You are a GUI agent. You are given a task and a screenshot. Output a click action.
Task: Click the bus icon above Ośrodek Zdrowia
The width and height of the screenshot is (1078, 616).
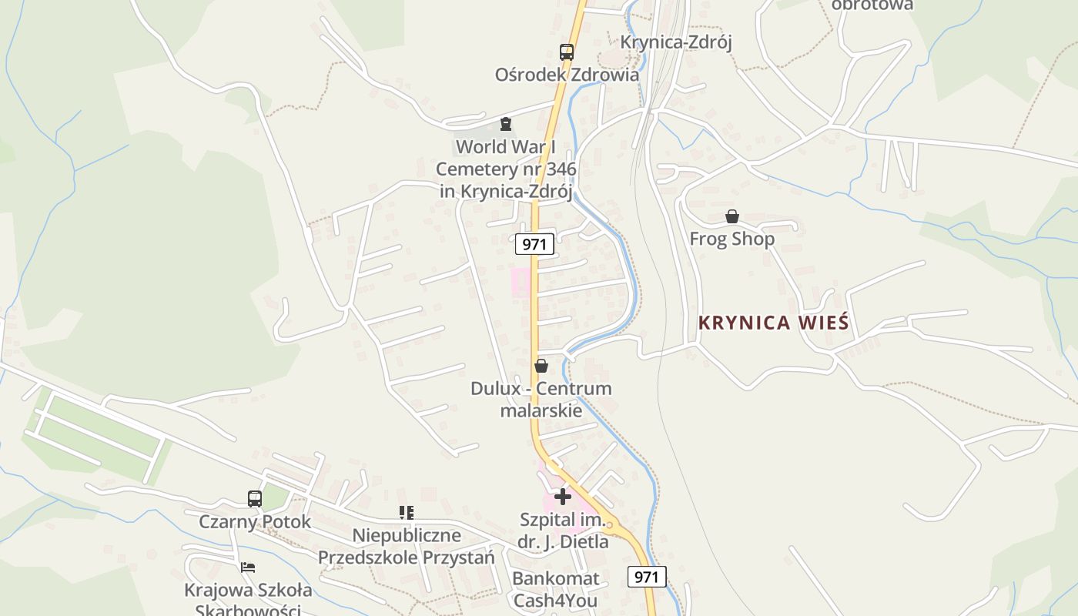point(567,52)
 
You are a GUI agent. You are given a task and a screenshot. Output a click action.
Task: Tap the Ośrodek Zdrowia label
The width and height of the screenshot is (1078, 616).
point(567,75)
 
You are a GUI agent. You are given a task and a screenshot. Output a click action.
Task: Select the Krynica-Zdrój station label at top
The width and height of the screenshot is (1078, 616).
point(675,42)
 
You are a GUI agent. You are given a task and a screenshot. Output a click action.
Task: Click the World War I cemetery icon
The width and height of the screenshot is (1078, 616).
point(506,124)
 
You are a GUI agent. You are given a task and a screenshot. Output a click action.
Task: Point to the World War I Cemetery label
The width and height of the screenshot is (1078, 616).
point(506,169)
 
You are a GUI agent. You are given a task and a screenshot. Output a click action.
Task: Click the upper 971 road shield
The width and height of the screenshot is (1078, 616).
point(534,245)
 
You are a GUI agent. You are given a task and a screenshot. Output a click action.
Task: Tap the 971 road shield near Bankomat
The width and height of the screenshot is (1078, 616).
point(647,576)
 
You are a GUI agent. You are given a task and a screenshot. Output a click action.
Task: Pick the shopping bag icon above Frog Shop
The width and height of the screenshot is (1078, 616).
point(731,217)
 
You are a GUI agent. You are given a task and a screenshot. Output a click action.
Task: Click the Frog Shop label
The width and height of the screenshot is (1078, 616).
point(731,239)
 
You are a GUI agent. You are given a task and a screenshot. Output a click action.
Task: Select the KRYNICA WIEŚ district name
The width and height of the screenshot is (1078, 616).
point(773,323)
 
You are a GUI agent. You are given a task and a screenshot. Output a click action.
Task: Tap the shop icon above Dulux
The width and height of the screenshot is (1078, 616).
point(541,366)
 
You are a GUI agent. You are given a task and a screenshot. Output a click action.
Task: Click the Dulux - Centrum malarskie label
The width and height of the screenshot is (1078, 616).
point(541,399)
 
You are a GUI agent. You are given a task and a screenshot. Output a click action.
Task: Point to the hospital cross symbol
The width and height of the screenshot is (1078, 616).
point(563,497)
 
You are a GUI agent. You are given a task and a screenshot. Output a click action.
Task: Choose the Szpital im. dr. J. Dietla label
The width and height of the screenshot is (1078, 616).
point(563,531)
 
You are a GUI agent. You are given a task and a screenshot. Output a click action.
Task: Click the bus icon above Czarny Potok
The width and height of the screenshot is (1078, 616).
point(255,499)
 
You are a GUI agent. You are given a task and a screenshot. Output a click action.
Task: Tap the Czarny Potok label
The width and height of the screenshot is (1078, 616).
point(255,521)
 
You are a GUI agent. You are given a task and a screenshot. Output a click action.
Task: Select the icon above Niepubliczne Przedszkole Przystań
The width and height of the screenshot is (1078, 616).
point(407,513)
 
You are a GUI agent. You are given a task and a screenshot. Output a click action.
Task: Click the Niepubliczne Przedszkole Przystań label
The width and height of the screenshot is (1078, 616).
point(407,546)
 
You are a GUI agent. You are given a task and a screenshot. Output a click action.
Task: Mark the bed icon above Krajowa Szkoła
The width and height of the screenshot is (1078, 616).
point(248,567)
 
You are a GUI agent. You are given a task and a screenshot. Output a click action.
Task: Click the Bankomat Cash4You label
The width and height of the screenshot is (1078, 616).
point(555,589)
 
